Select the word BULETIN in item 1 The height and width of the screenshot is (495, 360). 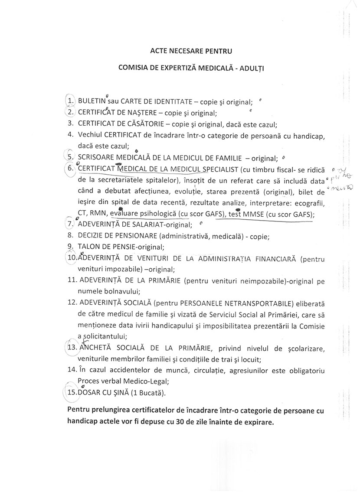92,101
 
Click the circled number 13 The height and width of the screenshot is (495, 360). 70,348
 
